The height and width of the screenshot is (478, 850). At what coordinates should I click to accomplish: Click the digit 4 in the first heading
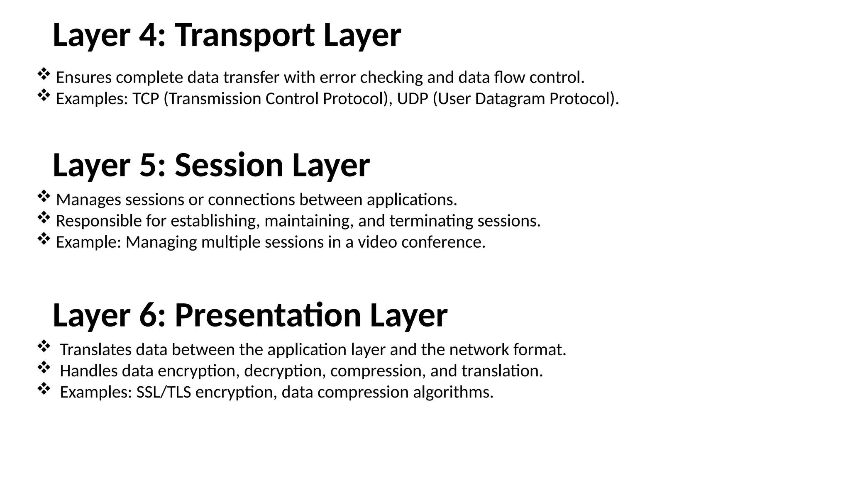(x=148, y=35)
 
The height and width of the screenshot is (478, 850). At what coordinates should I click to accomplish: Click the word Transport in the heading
(x=244, y=36)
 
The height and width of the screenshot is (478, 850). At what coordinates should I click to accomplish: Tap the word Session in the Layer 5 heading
(x=229, y=165)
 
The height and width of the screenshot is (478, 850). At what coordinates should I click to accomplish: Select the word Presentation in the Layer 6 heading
(x=268, y=315)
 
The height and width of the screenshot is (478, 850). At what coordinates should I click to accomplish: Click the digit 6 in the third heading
(x=148, y=315)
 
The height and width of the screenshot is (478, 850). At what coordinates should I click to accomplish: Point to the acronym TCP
(x=146, y=99)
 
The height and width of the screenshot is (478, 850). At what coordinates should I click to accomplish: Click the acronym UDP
(x=413, y=99)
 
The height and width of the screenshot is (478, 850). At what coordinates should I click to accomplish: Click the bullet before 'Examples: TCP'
(x=44, y=96)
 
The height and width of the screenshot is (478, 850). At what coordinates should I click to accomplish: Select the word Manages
(x=88, y=200)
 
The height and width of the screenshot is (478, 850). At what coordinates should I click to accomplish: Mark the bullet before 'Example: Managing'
(x=44, y=239)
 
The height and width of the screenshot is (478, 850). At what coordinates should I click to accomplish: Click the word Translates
(x=95, y=350)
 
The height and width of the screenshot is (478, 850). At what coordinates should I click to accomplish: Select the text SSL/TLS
(x=164, y=392)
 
